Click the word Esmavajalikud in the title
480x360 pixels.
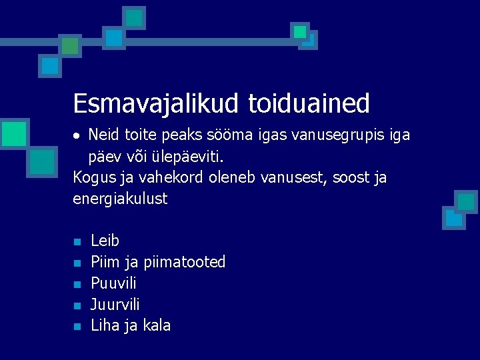click(x=156, y=104)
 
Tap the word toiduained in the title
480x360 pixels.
click(x=309, y=104)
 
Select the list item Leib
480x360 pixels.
click(x=105, y=241)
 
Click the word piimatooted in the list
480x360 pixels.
click(x=185, y=262)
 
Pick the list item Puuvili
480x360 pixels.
click(x=113, y=283)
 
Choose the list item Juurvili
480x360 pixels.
click(x=115, y=305)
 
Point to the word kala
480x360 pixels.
click(x=157, y=326)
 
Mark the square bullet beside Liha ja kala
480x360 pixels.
click(x=77, y=327)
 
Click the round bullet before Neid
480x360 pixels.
click(x=77, y=136)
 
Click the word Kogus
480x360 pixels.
click(x=94, y=178)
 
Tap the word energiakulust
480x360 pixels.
click(x=121, y=199)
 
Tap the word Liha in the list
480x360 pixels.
click(x=103, y=326)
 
